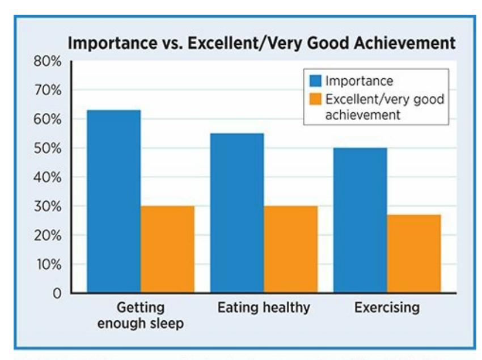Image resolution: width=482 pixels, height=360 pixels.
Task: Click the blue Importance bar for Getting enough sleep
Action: (x=113, y=201)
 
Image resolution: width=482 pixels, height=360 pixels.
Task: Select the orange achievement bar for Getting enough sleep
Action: (x=167, y=249)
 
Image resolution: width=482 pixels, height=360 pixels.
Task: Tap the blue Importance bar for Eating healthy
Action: (x=236, y=213)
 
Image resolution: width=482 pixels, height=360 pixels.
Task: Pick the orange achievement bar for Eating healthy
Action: (x=290, y=249)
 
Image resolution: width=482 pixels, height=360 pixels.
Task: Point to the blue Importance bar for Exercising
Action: (x=360, y=221)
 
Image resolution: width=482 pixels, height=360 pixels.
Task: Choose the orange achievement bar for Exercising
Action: (x=414, y=253)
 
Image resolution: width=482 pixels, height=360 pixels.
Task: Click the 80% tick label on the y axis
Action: (x=49, y=61)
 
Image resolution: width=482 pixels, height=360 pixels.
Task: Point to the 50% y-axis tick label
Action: (x=49, y=149)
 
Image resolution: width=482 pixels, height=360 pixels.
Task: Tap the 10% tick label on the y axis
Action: (x=49, y=264)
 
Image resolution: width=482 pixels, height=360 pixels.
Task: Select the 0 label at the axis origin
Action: (x=57, y=294)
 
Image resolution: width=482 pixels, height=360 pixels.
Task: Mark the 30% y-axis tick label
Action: (x=49, y=206)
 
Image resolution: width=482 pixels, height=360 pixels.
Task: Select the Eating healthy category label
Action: (x=264, y=308)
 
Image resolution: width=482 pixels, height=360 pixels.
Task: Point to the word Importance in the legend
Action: (x=355, y=81)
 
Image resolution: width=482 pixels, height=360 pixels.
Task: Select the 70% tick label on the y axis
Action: (x=49, y=90)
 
